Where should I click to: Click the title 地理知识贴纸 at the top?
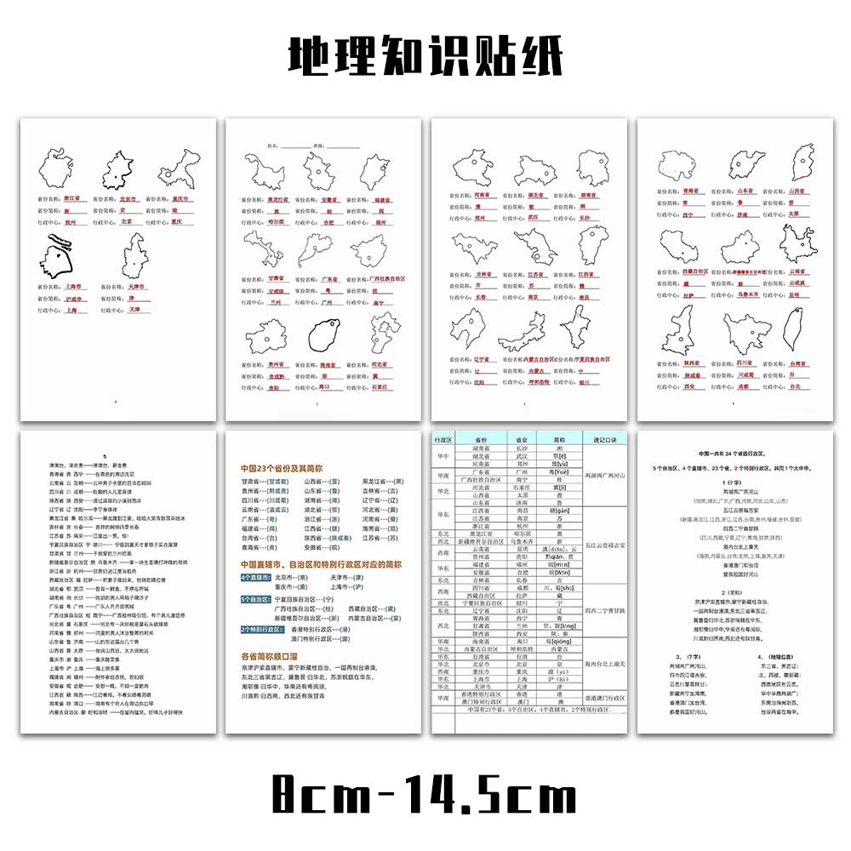point(425,58)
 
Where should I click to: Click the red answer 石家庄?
point(381,387)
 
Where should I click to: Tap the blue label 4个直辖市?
point(256,576)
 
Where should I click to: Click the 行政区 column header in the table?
point(443,439)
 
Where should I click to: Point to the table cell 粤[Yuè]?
point(557,471)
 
